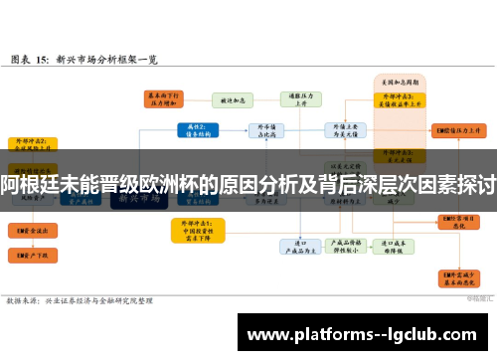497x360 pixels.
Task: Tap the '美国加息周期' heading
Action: click(401, 80)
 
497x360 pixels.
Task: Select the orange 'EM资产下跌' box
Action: click(30, 256)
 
